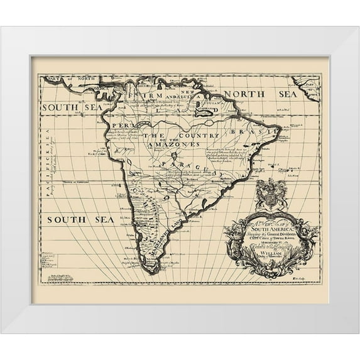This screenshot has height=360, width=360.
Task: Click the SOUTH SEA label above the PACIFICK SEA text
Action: click(x=70, y=107)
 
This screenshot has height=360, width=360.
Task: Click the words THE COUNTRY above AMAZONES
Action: click(x=172, y=134)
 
